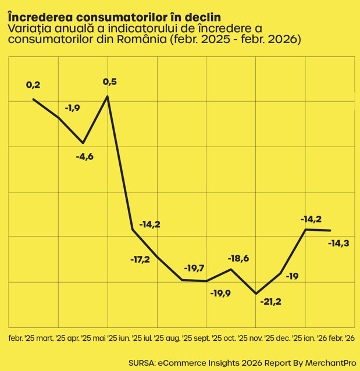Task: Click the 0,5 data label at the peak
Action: coord(110,82)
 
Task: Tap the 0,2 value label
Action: coord(33,85)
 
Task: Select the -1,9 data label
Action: coord(73,108)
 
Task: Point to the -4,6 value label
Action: coord(85,156)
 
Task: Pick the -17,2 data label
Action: coord(140,260)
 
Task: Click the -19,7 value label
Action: coord(194,268)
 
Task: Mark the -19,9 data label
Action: coord(220,294)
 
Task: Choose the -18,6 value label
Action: coord(238,258)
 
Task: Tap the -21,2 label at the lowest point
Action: coord(271,302)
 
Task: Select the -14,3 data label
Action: coord(338,243)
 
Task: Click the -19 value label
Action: coord(293,276)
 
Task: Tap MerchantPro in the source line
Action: coord(330,363)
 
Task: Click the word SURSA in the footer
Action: coord(142,363)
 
